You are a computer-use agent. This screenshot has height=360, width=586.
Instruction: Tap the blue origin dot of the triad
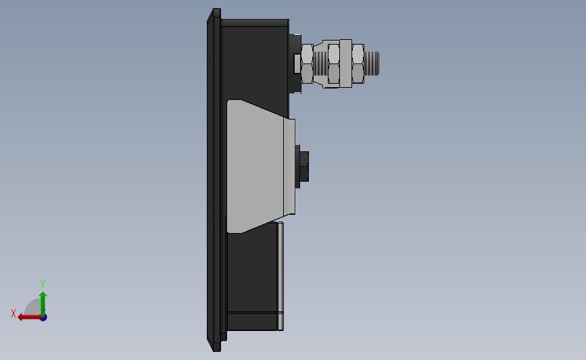coord(43,317)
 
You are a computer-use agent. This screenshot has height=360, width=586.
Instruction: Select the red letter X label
coord(13,313)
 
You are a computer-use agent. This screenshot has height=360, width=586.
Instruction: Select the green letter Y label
coord(42,284)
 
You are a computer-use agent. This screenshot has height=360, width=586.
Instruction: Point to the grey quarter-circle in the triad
coord(32,307)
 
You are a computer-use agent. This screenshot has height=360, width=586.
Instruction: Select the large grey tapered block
coord(253,165)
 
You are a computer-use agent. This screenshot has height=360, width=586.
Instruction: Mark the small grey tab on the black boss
coord(296,64)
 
